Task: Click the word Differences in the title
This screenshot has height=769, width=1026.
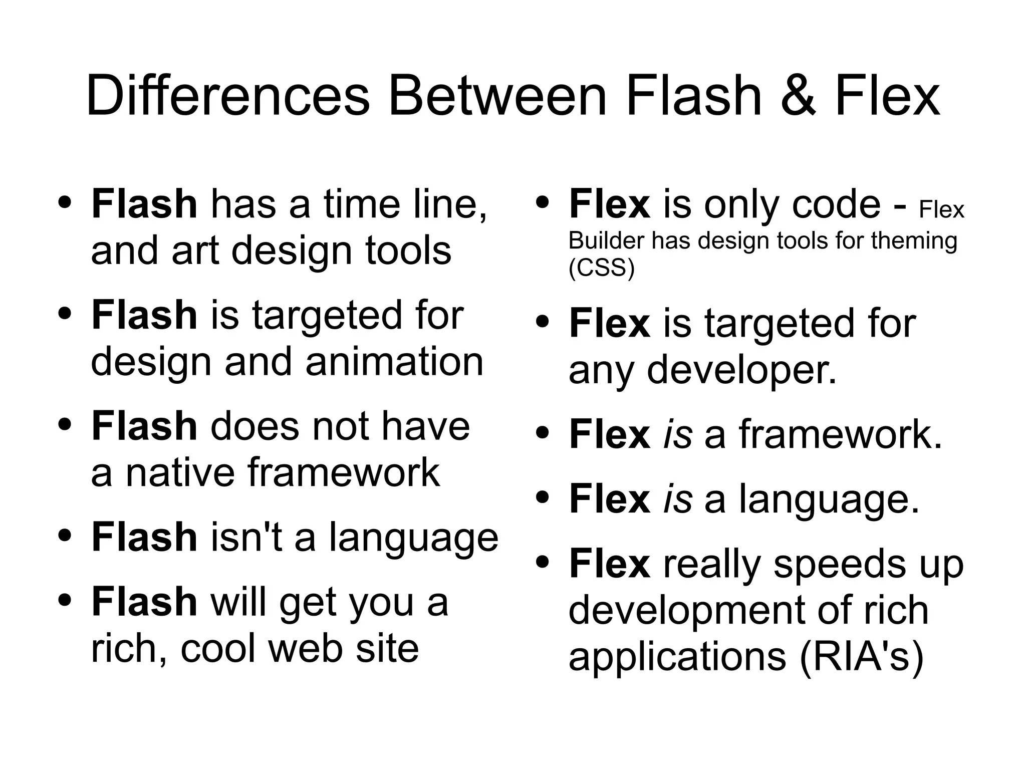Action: tap(228, 95)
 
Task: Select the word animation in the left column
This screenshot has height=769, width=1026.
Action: tap(394, 362)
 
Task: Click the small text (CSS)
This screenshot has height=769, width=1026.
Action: tap(601, 269)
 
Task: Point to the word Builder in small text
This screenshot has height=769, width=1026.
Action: tap(606, 241)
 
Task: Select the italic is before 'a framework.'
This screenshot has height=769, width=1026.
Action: tap(677, 434)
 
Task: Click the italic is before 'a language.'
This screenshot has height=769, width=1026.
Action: tap(677, 499)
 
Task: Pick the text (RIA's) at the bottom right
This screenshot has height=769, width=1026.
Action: tap(861, 657)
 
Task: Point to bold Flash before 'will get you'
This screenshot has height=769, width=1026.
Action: tap(144, 602)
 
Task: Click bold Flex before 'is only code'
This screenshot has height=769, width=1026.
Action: tap(609, 204)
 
